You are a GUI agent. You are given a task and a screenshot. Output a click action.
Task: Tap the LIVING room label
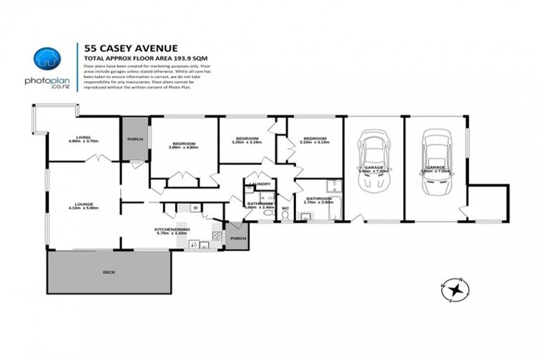point(84,139)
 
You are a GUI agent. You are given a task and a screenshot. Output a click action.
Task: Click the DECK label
point(108,271)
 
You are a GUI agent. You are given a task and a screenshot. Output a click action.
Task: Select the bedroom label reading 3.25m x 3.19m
point(247,140)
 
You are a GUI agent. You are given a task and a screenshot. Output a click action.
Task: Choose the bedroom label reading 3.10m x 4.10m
point(314,141)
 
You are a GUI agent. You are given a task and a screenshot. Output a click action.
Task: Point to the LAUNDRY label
point(260,184)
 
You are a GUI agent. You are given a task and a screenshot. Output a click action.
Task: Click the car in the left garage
point(373,160)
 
